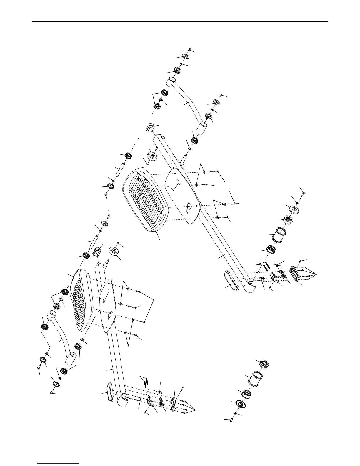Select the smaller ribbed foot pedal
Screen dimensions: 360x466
pos(82,300)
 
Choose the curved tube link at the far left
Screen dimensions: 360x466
pos(60,338)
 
